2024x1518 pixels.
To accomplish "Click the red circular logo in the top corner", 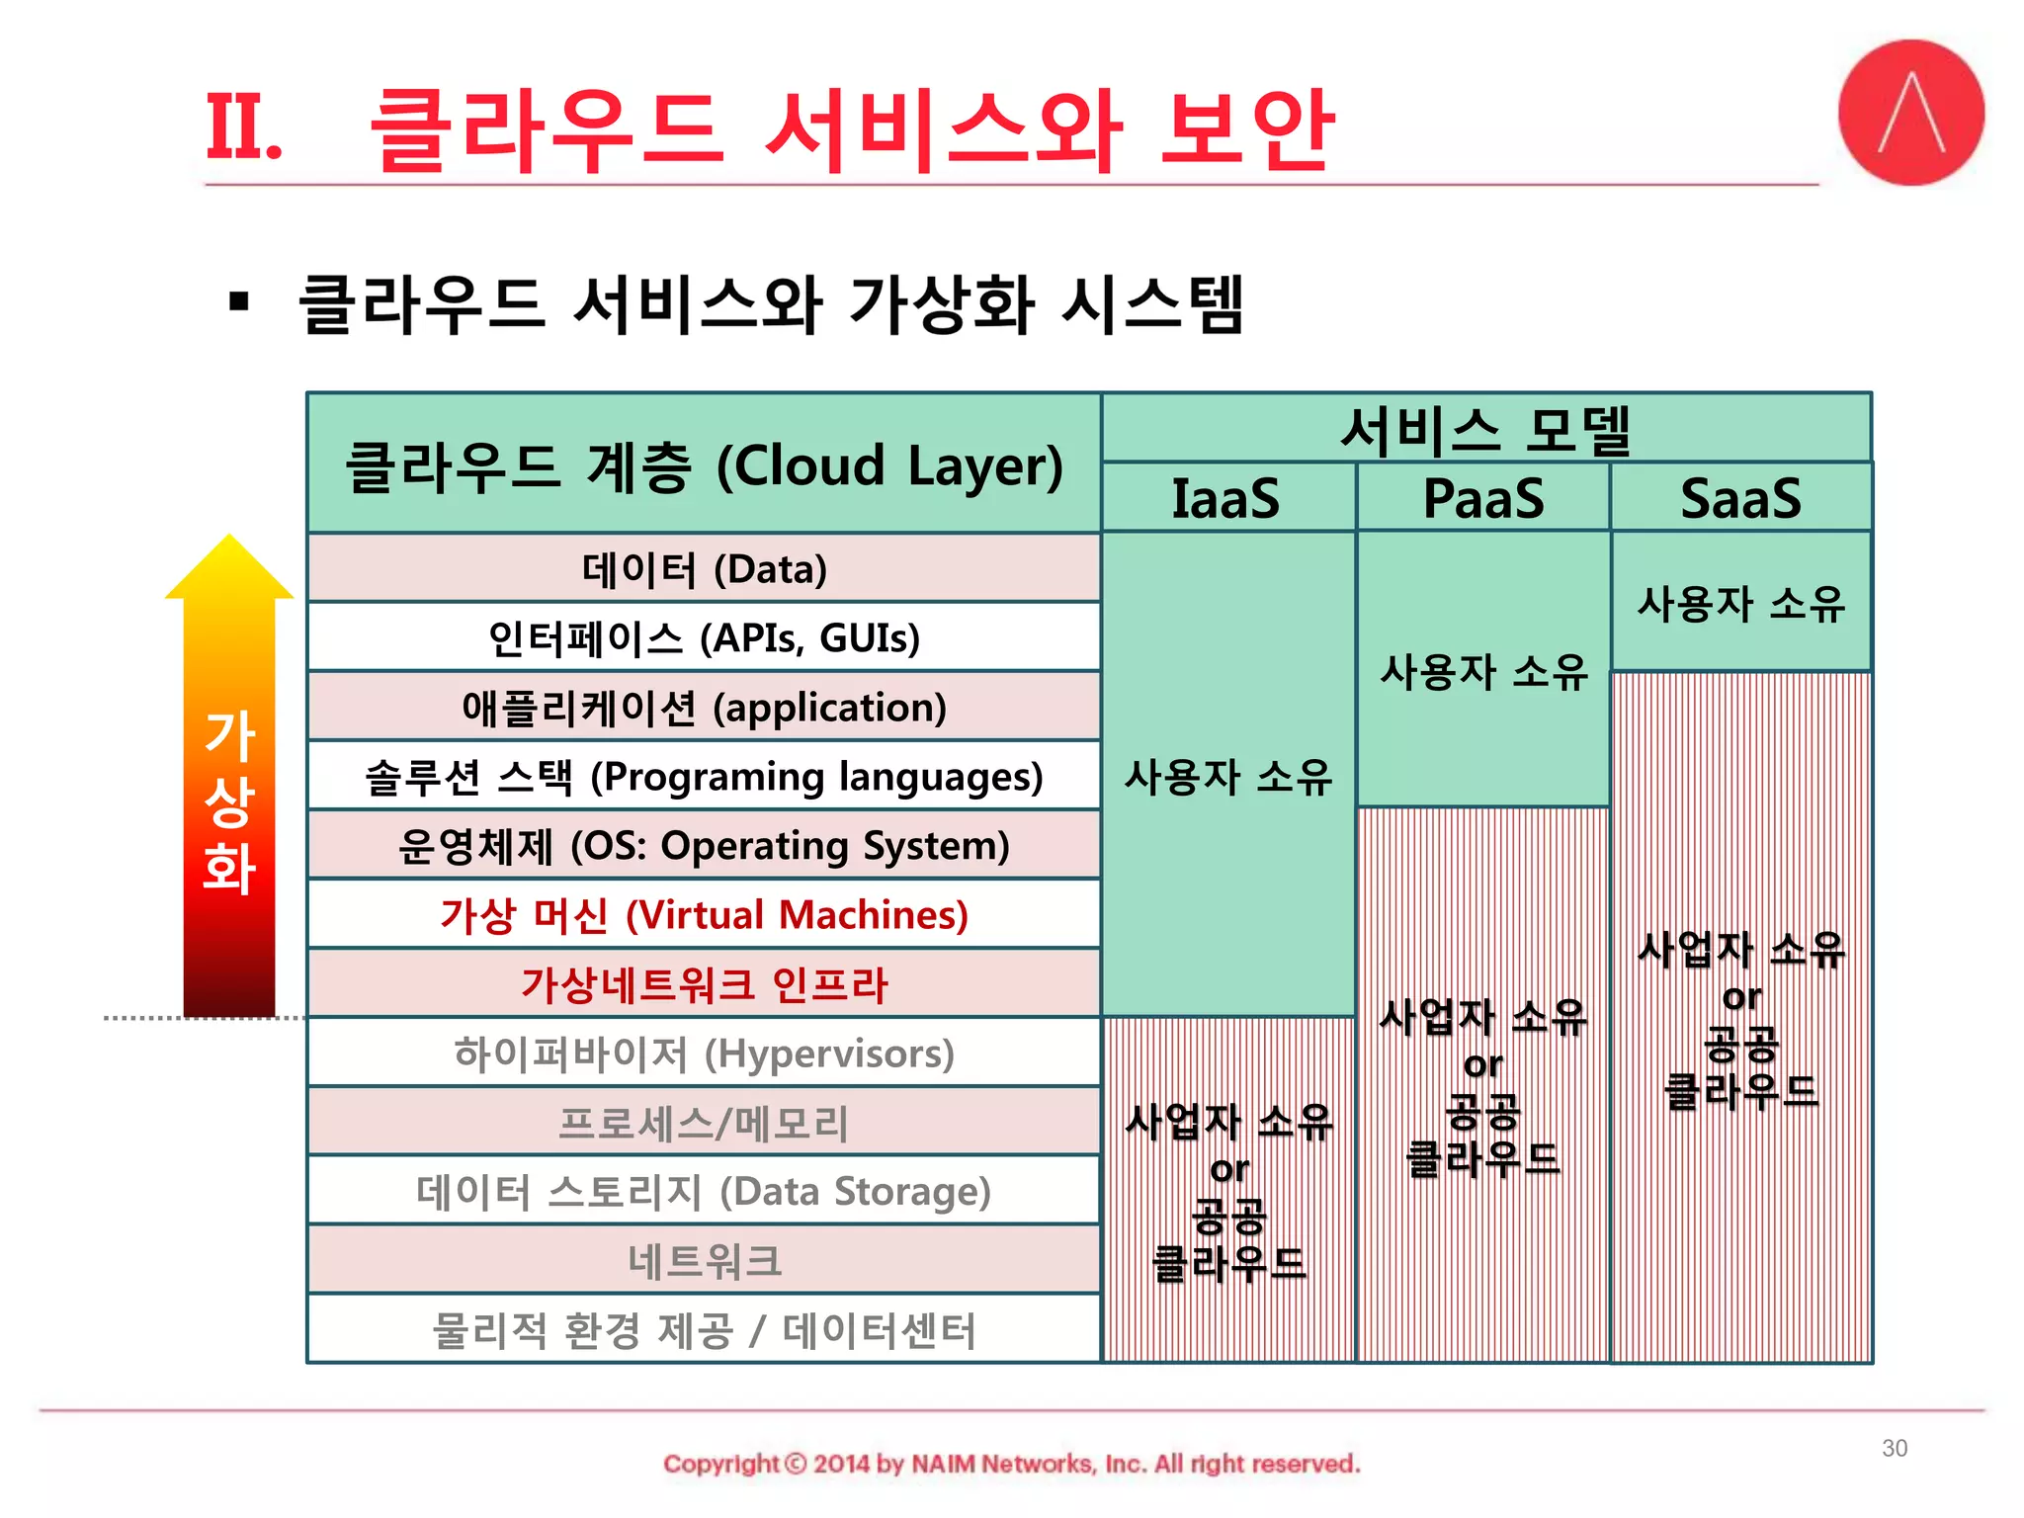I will (x=1910, y=113).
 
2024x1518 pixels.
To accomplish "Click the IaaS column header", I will (x=1226, y=498).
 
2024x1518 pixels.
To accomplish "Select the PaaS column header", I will (x=1482, y=498).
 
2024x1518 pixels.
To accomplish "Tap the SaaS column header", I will (x=1740, y=498).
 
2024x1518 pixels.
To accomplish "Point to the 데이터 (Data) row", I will (x=704, y=569).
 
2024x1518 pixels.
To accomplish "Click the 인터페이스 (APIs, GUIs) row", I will (x=704, y=638).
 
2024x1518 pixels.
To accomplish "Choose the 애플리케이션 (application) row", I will (x=704, y=708).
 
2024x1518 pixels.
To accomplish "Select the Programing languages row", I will (x=704, y=777).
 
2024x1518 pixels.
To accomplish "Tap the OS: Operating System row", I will (x=704, y=846).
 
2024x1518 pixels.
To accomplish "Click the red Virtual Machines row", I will (x=704, y=915).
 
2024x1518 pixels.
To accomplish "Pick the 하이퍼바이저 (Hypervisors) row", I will (x=704, y=1054).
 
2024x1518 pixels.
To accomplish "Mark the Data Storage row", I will (x=704, y=1192).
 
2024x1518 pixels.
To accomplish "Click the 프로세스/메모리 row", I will (x=704, y=1123).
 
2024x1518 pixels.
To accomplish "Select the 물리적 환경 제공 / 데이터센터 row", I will (x=704, y=1330).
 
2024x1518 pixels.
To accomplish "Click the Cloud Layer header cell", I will (x=704, y=464).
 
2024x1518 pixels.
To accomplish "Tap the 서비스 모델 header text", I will (x=1485, y=430).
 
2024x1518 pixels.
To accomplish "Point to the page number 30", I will (x=1894, y=1448).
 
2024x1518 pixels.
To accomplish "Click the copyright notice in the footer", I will (x=1011, y=1464).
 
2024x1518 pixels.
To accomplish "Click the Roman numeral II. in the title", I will (x=243, y=128).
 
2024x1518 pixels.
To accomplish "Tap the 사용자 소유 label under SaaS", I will (x=1740, y=604).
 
